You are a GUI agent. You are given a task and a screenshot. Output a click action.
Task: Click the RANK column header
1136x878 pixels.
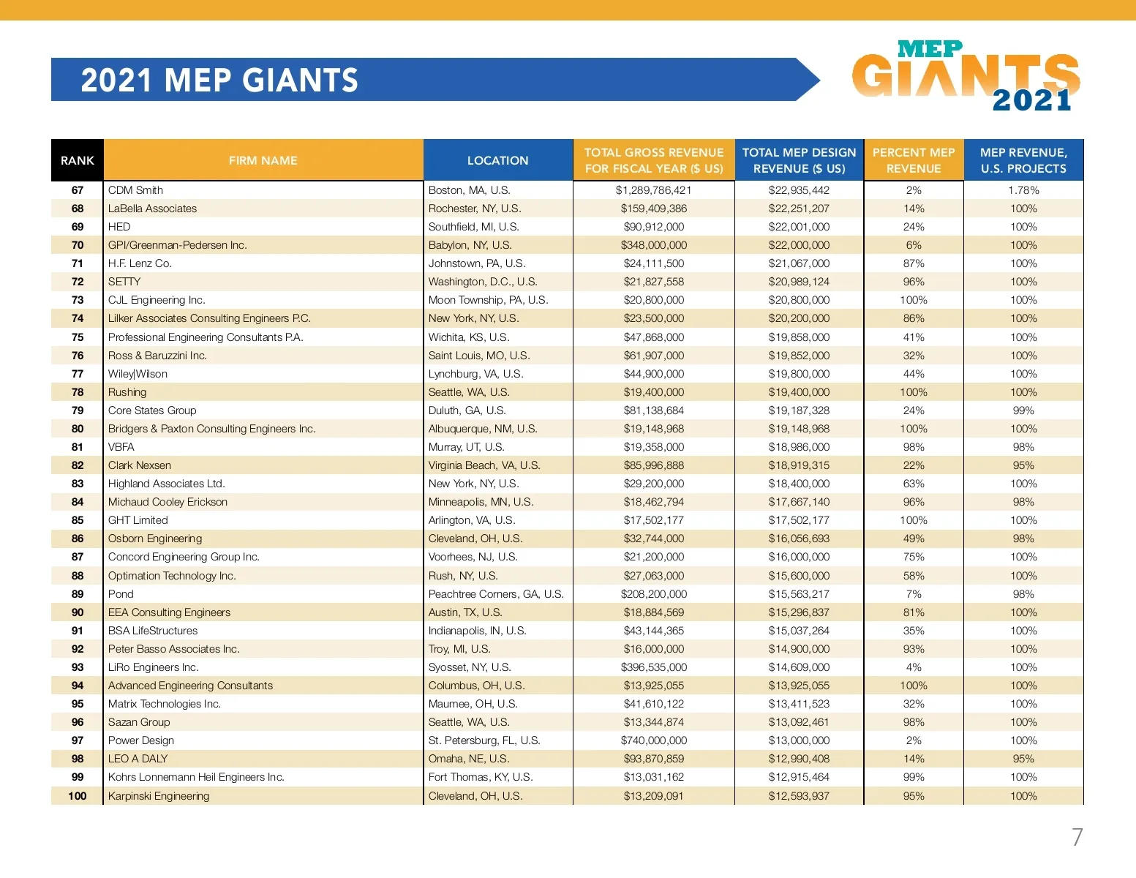(x=78, y=160)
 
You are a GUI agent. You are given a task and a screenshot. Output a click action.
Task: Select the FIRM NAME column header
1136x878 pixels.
(x=263, y=160)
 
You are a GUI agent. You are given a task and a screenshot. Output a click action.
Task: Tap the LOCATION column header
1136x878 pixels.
(x=497, y=160)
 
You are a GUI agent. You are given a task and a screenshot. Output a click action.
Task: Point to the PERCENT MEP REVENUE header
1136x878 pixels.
(x=914, y=160)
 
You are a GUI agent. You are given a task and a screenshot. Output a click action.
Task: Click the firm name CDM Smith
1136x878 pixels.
(x=135, y=190)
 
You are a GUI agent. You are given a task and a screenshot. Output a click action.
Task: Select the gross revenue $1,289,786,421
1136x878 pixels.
(x=653, y=190)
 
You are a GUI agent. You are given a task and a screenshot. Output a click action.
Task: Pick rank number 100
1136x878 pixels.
(x=78, y=796)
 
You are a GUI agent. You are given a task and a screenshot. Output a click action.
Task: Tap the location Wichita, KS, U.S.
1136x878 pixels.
(x=469, y=337)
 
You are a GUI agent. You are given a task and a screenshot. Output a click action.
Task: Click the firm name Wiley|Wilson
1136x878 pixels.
(x=138, y=374)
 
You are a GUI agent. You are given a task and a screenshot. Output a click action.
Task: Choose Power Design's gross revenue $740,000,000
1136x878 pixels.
(x=653, y=740)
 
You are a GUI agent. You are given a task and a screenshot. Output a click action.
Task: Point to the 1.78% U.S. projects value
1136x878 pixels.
(x=1023, y=190)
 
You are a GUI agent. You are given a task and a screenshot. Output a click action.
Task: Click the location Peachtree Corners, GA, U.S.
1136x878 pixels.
(x=496, y=594)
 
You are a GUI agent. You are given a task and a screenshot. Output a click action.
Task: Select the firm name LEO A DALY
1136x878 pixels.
(x=138, y=759)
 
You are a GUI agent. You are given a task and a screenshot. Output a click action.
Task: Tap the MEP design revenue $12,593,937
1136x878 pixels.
(x=799, y=796)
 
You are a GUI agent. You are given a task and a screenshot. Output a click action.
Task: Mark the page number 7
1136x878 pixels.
(x=1077, y=837)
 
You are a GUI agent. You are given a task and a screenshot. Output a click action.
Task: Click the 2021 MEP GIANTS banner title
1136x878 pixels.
(x=219, y=80)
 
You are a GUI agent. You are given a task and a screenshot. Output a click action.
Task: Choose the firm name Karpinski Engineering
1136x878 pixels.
(x=159, y=796)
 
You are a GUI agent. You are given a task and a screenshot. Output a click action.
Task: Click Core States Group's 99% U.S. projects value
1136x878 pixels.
(x=1023, y=410)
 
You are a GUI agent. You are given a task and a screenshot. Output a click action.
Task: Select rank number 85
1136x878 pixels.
(x=78, y=520)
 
